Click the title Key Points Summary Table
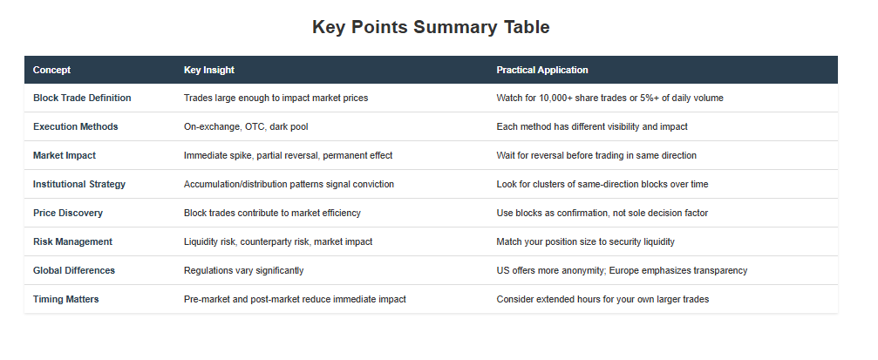(431, 27)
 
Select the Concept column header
(51, 70)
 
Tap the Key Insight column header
(209, 70)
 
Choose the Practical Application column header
(542, 70)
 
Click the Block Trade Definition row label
(82, 98)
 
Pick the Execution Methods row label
(76, 126)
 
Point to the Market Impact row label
(65, 156)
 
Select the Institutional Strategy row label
(79, 184)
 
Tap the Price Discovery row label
(68, 213)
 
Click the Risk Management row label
(72, 241)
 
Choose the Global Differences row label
(74, 270)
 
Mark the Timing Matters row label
(65, 300)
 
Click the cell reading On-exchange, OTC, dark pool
(246, 126)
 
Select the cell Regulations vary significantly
(243, 270)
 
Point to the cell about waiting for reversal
(596, 156)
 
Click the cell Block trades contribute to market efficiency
(272, 213)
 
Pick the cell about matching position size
(585, 241)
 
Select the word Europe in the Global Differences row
(623, 271)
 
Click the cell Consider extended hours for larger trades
(602, 300)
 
